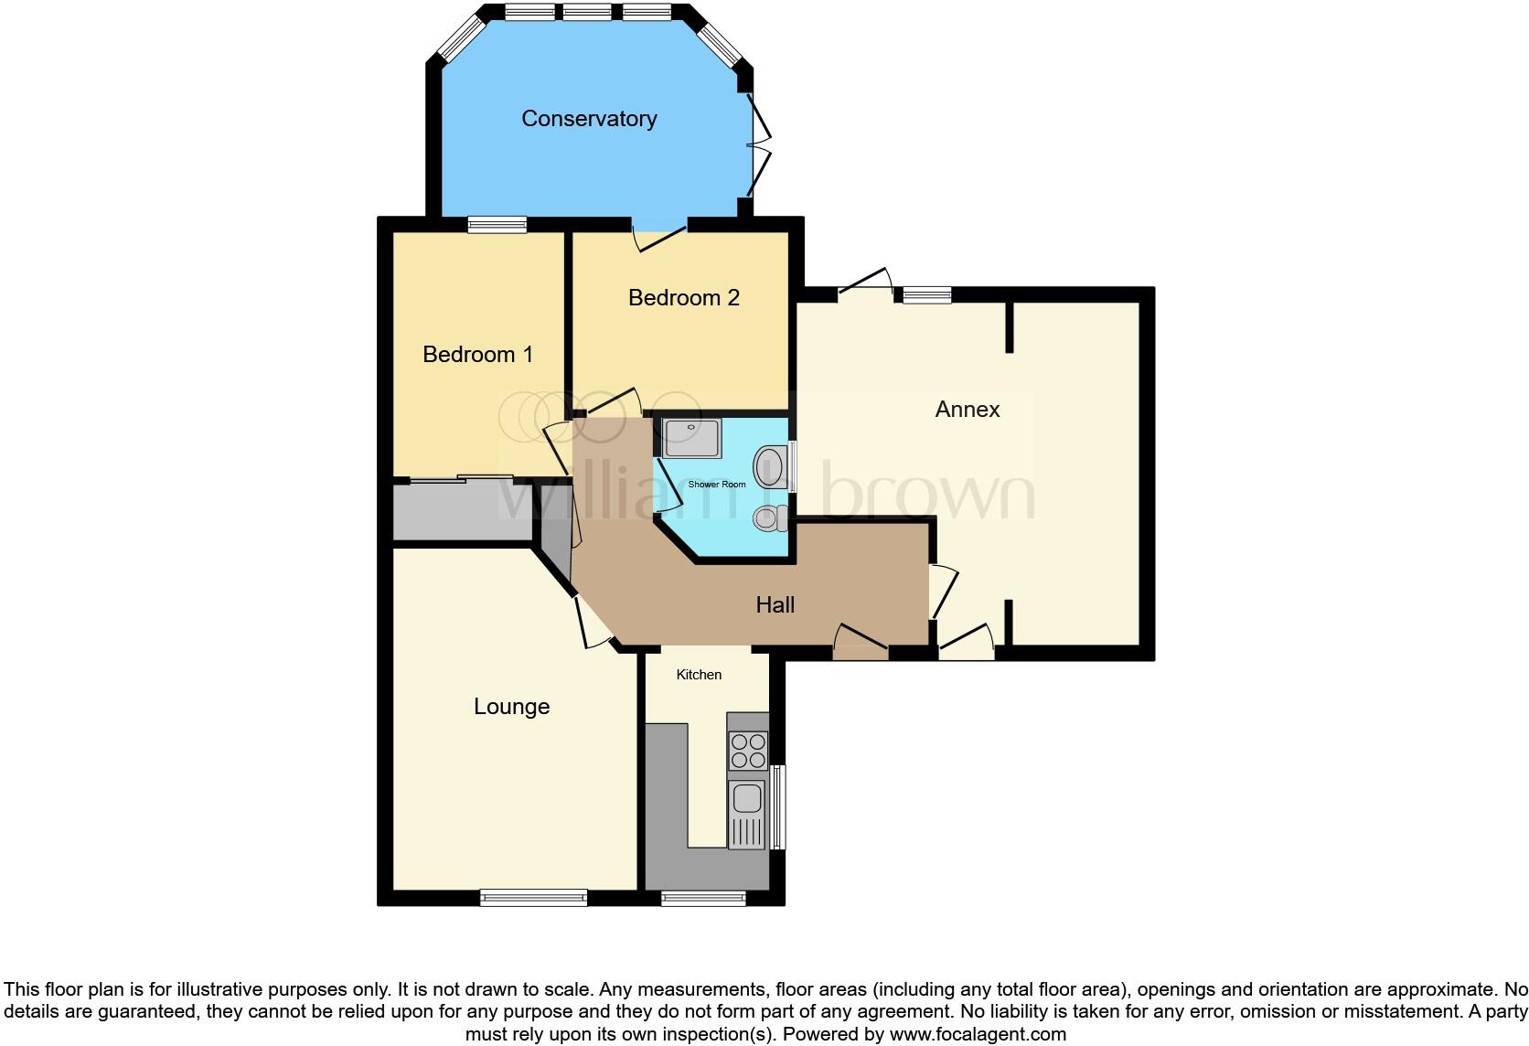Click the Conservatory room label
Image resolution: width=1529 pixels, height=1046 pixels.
pyautogui.click(x=589, y=119)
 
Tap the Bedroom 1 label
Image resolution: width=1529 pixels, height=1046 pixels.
pyautogui.click(x=477, y=355)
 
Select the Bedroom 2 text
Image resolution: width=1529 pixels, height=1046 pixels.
pyautogui.click(x=683, y=298)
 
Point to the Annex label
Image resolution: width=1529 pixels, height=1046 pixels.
pyautogui.click(x=967, y=410)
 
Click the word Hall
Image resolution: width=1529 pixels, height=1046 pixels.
pyautogui.click(x=775, y=604)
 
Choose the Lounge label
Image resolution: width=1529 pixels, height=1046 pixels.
pyautogui.click(x=511, y=707)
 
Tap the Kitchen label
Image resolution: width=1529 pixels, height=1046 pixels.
pyautogui.click(x=699, y=675)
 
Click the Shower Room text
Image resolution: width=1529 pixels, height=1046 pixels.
pyautogui.click(x=716, y=485)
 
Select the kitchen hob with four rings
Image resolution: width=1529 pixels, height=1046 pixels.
pyautogui.click(x=747, y=751)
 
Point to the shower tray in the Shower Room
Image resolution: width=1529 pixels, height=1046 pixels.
pyautogui.click(x=692, y=438)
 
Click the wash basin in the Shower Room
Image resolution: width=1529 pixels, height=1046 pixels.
pyautogui.click(x=771, y=466)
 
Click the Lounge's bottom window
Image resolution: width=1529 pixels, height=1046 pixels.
pyautogui.click(x=534, y=899)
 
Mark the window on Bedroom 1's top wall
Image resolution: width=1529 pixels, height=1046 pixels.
pyautogui.click(x=497, y=225)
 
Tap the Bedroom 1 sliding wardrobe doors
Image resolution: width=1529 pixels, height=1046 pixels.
pyautogui.click(x=462, y=478)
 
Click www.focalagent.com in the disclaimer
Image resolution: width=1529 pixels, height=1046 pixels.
pyautogui.click(x=978, y=1035)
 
